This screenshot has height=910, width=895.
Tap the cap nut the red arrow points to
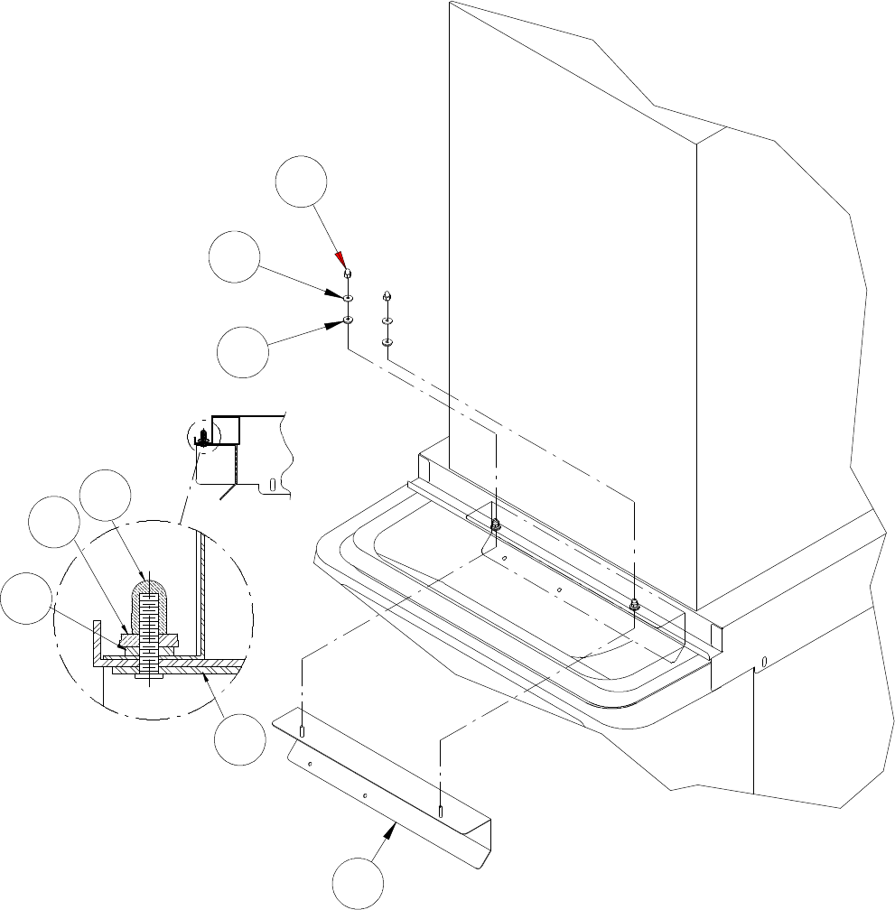pos(347,274)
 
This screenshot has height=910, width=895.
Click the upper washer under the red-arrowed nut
pos(348,297)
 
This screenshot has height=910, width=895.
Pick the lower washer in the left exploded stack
pos(348,320)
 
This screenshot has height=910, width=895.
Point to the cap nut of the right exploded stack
pos(387,295)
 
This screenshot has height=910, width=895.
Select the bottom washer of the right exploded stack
pos(387,342)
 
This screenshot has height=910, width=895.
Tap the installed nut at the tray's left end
pos(496,525)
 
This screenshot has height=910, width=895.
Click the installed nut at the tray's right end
pos(634,603)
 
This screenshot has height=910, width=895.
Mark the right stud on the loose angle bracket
pos(440,811)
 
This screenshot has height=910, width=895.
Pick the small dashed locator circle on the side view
pos(204,438)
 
